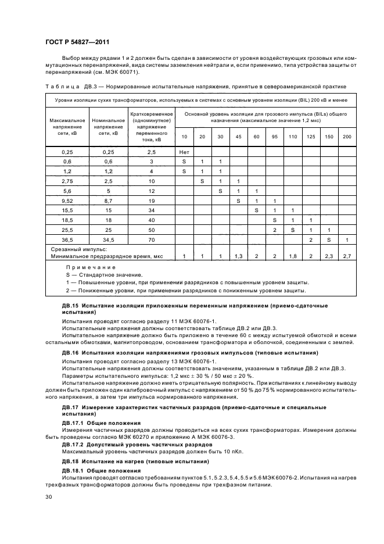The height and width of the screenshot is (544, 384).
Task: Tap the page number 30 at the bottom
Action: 49,497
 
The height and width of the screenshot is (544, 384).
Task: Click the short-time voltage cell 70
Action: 151,239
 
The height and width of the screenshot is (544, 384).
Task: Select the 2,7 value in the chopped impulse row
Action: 347,256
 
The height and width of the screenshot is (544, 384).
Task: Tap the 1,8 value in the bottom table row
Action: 292,256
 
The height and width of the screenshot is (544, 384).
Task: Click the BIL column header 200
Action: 347,136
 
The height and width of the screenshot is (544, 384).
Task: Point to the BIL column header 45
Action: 238,136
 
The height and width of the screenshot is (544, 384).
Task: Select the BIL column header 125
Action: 311,136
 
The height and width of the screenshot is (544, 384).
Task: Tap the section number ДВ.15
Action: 71,305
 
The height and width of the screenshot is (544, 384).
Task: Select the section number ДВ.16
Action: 71,353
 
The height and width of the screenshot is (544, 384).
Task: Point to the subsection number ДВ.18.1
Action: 75,469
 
